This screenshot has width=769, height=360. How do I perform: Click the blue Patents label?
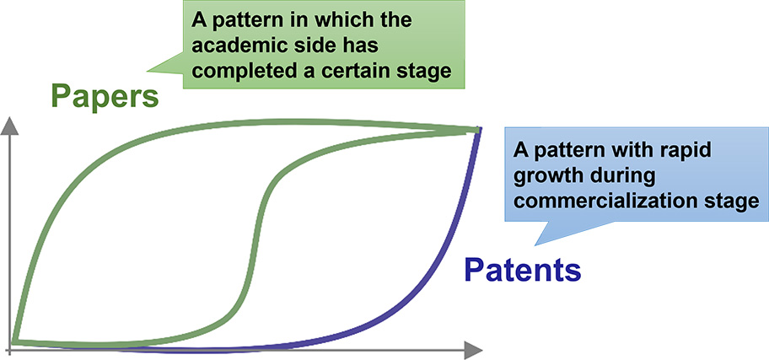[523, 270]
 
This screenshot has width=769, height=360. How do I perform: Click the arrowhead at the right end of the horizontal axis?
[474, 347]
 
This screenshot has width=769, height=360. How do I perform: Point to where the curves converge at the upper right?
[476, 129]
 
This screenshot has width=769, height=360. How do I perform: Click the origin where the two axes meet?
[10, 347]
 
